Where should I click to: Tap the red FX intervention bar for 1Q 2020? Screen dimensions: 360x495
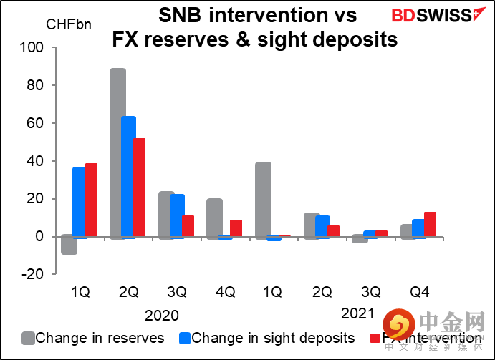(91, 200)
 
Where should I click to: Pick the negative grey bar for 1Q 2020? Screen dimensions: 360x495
(69, 245)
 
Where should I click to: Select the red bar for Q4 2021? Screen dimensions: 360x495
(430, 224)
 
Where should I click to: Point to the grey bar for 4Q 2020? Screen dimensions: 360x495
(214, 218)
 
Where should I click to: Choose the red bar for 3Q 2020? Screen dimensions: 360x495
(188, 225)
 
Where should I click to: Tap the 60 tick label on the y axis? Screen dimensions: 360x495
(36, 123)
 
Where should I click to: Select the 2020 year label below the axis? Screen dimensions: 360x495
(161, 315)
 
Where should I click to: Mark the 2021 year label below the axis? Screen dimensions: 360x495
(357, 313)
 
